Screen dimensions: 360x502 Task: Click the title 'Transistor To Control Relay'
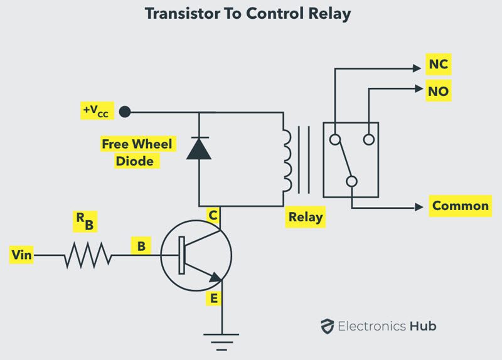(x=251, y=13)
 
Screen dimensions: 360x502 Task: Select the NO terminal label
(x=438, y=92)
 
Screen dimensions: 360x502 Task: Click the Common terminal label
(x=460, y=206)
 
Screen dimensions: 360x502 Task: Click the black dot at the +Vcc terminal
(x=125, y=112)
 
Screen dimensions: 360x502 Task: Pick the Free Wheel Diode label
(x=137, y=152)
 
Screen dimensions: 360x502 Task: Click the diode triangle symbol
(x=199, y=148)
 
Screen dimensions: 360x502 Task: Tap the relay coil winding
(x=287, y=159)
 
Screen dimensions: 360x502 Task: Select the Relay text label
(x=306, y=218)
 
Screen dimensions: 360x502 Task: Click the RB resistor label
(x=83, y=219)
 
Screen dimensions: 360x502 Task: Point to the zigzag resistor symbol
(x=88, y=255)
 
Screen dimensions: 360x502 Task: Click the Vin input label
(x=22, y=255)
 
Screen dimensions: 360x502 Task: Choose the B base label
(x=141, y=246)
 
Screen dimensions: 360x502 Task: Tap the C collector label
(x=213, y=216)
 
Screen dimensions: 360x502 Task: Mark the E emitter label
(x=215, y=299)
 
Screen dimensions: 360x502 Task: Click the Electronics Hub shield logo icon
(x=326, y=326)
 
